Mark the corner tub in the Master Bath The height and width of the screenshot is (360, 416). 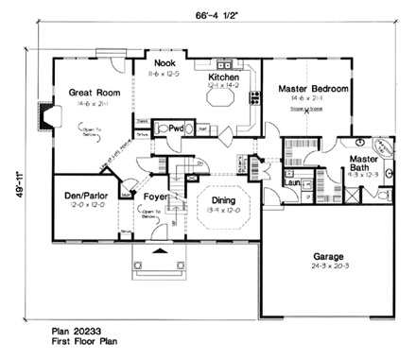point(383,145)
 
